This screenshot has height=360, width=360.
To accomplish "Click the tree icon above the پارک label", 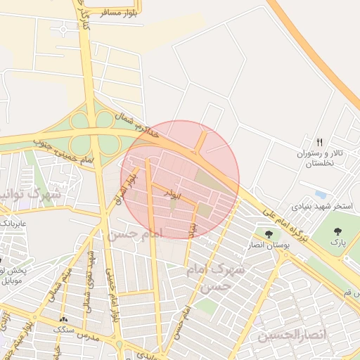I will [x=338, y=231].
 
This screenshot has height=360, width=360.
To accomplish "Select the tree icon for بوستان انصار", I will [x=268, y=233].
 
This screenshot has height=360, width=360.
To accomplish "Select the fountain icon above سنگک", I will [x=64, y=318].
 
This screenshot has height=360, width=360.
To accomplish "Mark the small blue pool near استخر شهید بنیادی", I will [x=321, y=193].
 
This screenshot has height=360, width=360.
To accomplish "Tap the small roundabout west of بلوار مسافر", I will [x=65, y=30].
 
